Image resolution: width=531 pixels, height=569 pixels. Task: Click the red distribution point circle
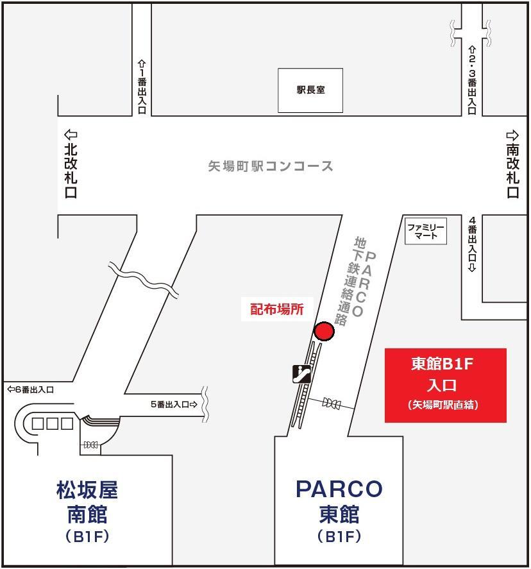click(x=324, y=332)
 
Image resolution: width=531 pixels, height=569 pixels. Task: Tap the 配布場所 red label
click(x=276, y=309)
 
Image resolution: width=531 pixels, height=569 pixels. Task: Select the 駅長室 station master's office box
click(x=310, y=90)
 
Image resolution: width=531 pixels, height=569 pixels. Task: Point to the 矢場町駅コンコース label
click(x=271, y=166)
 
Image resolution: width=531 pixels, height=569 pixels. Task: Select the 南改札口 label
click(x=512, y=171)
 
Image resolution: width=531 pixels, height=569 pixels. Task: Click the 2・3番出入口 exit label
click(x=471, y=80)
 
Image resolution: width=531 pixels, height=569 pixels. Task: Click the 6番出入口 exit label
click(x=30, y=389)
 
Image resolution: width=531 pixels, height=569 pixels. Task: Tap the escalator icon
click(x=302, y=373)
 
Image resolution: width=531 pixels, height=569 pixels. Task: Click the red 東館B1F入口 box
click(x=445, y=385)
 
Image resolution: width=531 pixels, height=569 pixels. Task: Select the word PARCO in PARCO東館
click(x=339, y=489)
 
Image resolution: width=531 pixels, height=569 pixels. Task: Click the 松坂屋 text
click(x=87, y=491)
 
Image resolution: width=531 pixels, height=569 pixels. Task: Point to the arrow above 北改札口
click(x=71, y=135)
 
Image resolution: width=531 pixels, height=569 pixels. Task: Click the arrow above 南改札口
click(x=512, y=135)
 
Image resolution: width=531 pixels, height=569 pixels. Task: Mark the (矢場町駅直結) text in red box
click(x=445, y=405)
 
